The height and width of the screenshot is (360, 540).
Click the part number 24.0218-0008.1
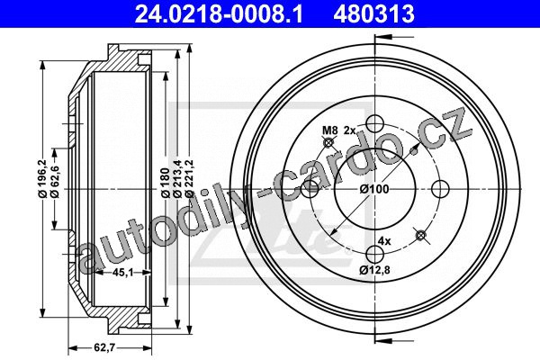219,14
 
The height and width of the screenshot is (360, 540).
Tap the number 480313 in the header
373,14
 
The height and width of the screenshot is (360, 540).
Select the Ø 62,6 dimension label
54,182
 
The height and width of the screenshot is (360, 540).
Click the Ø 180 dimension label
166,183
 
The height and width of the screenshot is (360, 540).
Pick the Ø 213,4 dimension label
177,178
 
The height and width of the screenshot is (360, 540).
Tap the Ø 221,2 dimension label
189,178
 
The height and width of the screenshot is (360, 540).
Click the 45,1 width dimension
123,273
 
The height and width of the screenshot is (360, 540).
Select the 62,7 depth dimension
104,347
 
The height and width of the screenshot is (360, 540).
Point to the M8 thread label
329,130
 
